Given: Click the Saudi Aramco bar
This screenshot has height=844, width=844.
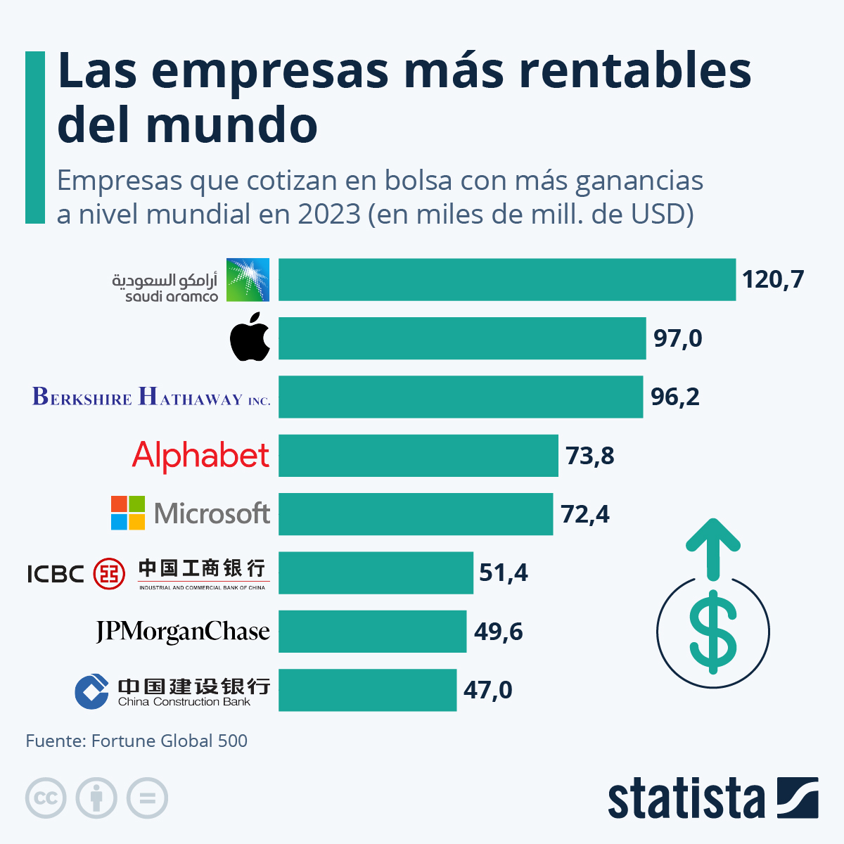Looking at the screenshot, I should pos(506,280).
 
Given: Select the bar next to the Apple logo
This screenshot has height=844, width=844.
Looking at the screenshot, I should pos(461,338).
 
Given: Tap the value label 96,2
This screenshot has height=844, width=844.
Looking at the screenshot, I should pos(675,397).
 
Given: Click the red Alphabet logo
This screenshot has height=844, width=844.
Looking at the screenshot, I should pos(200,456).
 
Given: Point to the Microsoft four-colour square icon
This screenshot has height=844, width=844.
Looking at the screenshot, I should pos(128,513).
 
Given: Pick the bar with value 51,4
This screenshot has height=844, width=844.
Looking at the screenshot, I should pos(376,573).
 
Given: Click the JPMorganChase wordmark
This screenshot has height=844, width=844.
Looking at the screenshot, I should pos(183,632).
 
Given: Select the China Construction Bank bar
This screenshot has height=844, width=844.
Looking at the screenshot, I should pos(367,690).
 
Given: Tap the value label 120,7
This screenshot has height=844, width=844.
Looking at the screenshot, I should pos(772,280).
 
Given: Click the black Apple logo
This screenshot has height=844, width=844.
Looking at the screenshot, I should pos(250,338).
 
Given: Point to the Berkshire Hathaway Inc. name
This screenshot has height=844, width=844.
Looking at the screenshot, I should pos(151,397).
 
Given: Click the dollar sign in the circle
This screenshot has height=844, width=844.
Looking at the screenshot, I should pos(713,631).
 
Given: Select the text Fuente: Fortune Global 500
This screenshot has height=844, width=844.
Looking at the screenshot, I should pos(136,741).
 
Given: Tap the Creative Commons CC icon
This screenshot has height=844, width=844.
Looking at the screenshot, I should pos(46,798).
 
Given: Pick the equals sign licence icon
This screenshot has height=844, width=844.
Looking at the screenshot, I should pos(147,798).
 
